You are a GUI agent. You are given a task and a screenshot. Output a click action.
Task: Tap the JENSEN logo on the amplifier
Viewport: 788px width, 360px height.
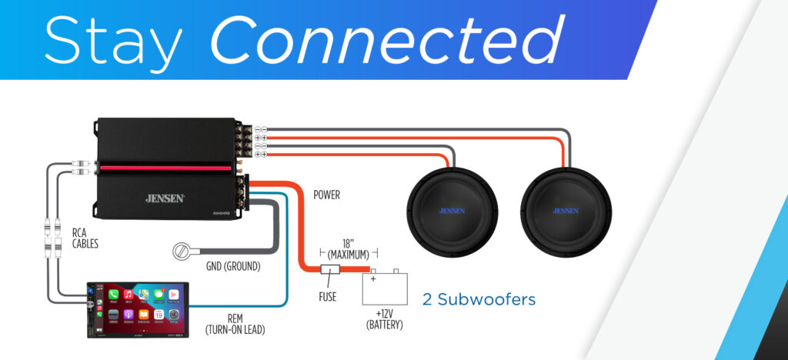tap(165, 198)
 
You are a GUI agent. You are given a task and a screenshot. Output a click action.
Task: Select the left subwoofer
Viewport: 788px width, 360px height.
tap(451, 210)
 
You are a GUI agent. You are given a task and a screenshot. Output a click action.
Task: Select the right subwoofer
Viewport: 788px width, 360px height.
tap(566, 210)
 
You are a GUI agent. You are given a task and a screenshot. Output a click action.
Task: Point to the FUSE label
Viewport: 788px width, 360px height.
tap(328, 296)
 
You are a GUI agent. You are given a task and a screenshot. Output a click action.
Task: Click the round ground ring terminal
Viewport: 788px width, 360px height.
tap(183, 252)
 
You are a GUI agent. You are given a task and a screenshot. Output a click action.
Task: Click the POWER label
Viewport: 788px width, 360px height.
tap(326, 195)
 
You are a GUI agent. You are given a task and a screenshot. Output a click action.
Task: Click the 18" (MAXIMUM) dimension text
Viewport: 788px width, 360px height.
tap(348, 247)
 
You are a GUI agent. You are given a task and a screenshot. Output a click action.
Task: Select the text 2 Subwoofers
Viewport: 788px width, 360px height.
tap(479, 299)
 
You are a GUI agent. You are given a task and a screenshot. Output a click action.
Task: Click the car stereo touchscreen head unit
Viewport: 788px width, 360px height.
tap(138, 307)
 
